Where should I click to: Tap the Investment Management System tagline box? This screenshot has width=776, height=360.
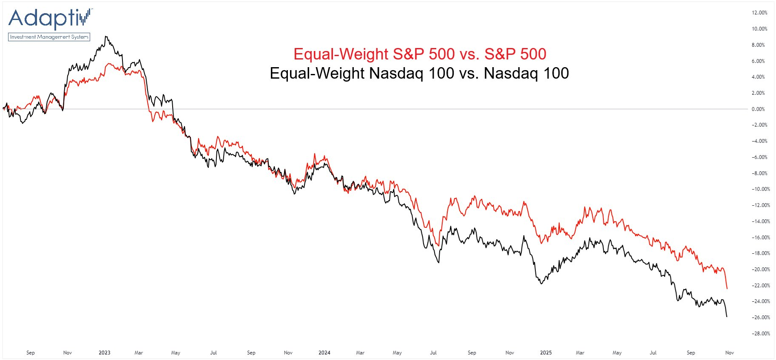pyautogui.click(x=49, y=37)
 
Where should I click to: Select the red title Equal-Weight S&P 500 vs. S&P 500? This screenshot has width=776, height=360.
pyautogui.click(x=420, y=54)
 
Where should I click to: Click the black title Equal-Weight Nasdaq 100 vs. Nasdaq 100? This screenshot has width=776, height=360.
pyautogui.click(x=419, y=73)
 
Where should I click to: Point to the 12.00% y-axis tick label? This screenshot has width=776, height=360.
pyautogui.click(x=759, y=13)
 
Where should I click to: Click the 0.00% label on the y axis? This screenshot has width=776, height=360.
pyautogui.click(x=758, y=109)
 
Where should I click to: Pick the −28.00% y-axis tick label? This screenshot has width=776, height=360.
pyautogui.click(x=760, y=334)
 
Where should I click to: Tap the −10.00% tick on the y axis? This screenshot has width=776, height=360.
pyautogui.click(x=760, y=189)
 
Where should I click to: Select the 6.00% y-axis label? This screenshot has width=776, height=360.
pyautogui.click(x=758, y=61)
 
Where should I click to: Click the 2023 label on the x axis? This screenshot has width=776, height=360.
pyautogui.click(x=104, y=353)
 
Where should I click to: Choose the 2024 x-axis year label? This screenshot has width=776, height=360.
pyautogui.click(x=324, y=353)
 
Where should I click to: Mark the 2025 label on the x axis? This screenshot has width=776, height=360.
pyautogui.click(x=546, y=353)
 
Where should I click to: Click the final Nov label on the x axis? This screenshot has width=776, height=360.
pyautogui.click(x=729, y=353)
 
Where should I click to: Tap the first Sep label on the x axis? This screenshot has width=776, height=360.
pyautogui.click(x=31, y=353)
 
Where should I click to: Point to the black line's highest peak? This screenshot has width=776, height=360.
pyautogui.click(x=106, y=37)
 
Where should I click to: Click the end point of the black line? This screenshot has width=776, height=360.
pyautogui.click(x=727, y=317)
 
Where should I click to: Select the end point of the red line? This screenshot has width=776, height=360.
pyautogui.click(x=727, y=289)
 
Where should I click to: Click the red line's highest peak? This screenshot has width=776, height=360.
pyautogui.click(x=109, y=64)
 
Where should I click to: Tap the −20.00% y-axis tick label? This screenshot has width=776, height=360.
pyautogui.click(x=760, y=269)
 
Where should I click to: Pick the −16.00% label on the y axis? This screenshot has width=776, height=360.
pyautogui.click(x=760, y=238)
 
